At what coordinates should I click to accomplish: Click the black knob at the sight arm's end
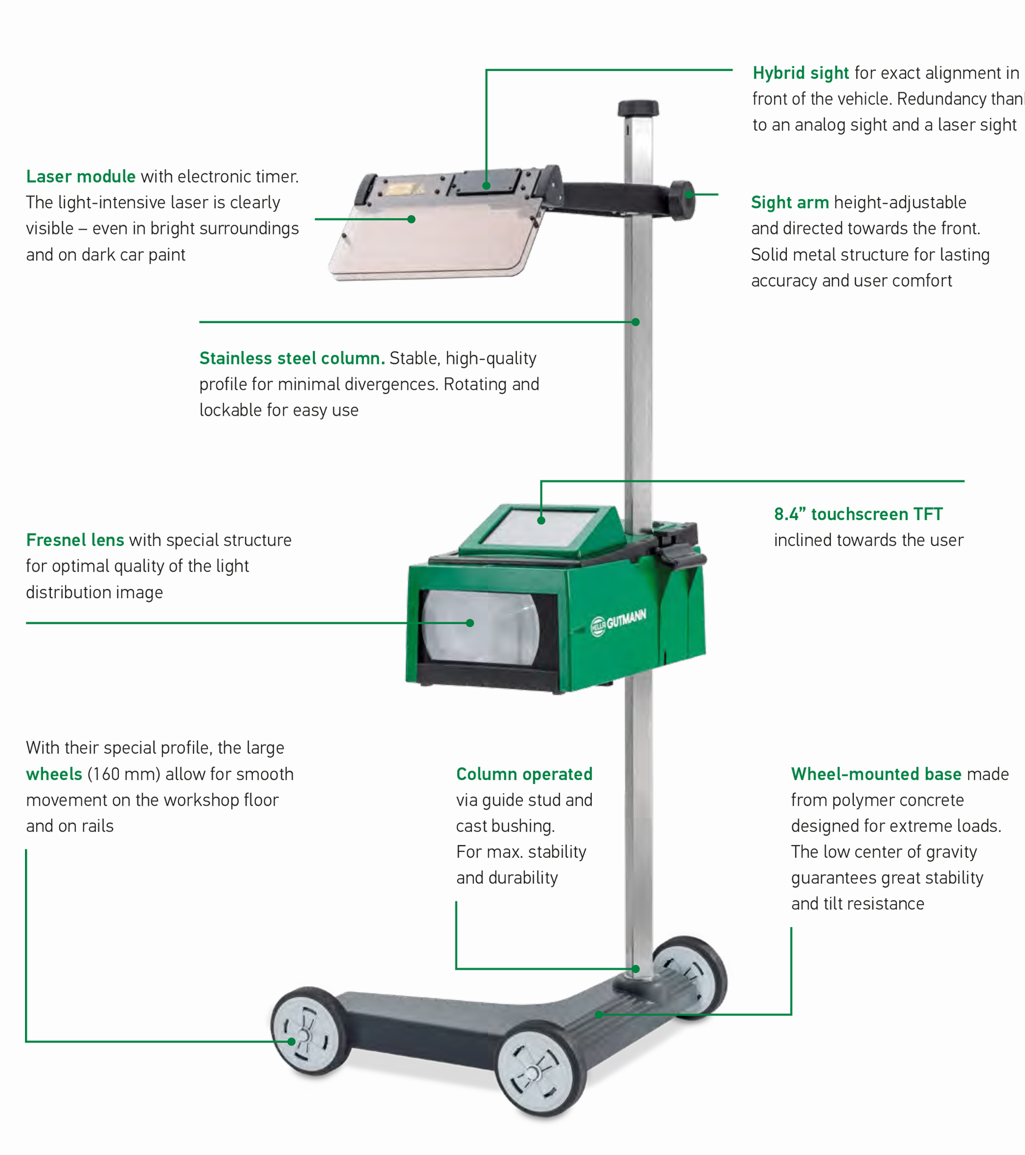point(683,200)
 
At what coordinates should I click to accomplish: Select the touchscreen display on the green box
point(540,527)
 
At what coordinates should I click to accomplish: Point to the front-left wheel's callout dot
point(292,1041)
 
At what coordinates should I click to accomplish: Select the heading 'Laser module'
point(80,176)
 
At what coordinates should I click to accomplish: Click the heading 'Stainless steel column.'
point(292,358)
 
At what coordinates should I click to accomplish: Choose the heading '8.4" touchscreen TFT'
point(858,514)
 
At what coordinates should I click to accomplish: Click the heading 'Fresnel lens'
point(74,540)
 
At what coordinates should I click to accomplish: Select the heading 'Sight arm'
point(789,202)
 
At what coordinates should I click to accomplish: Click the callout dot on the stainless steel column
point(635,322)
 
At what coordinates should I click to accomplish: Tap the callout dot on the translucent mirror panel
point(411,219)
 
